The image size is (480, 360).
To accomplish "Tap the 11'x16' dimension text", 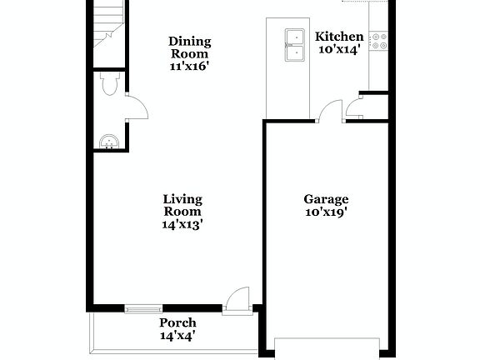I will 189,65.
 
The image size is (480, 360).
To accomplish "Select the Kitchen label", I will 338,37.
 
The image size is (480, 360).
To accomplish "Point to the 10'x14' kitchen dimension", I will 338,50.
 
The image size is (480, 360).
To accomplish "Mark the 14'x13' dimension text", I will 182,223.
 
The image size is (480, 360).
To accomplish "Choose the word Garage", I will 326,199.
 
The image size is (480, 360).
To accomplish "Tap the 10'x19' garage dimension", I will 326,212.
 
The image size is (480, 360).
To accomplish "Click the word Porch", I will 177,322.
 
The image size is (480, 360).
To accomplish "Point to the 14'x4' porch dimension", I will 177,336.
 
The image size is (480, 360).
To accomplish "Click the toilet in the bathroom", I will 109,83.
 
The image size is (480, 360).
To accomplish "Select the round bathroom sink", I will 108,142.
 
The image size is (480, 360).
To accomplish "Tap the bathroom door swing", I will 136,107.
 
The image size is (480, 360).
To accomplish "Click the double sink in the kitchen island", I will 294,45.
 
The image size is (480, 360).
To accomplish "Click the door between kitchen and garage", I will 331,111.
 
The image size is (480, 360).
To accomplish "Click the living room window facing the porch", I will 143,308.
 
